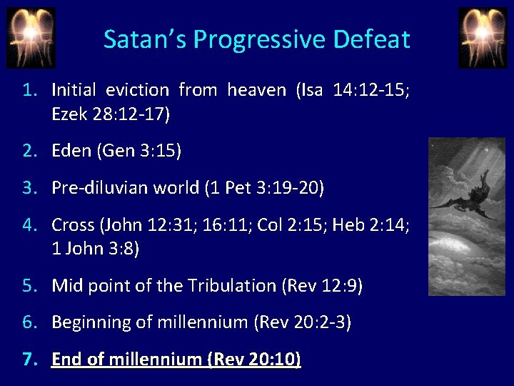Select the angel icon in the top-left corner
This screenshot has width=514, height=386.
[31, 37]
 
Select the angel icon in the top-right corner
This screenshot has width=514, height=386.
[482, 37]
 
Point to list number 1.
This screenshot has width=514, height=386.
[30, 90]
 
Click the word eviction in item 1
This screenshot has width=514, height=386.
[137, 90]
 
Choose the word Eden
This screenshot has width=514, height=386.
[71, 151]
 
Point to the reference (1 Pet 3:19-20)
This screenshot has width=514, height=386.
[264, 188]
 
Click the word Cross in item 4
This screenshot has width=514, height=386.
[73, 225]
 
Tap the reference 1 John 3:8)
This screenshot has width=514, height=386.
[96, 248]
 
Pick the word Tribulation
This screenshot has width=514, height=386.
[231, 286]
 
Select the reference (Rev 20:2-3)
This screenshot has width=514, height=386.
[303, 323]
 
